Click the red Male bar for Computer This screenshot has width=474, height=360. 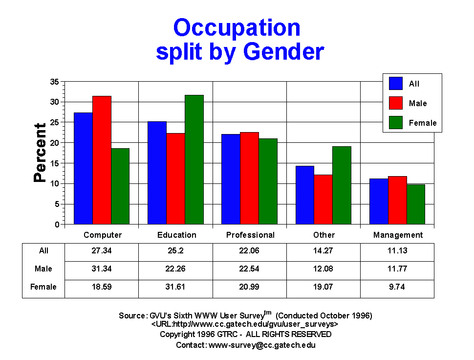[x=102, y=160]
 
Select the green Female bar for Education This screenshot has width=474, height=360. [x=194, y=160]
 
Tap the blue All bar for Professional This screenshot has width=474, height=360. [x=231, y=179]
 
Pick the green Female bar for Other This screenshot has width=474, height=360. [x=342, y=185]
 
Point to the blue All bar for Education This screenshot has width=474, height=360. [x=157, y=173]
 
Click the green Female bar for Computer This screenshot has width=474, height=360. [x=120, y=186]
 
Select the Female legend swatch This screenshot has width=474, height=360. [x=396, y=122]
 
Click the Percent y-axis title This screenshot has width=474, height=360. [x=40, y=153]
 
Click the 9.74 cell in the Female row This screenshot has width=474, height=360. [x=397, y=287]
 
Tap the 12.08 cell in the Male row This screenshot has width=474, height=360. [x=323, y=269]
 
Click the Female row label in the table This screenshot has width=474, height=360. [x=43, y=287]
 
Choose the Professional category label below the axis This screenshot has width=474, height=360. [x=250, y=235]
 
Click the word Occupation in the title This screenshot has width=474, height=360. [x=237, y=28]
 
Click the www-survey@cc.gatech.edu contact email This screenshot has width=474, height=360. [x=262, y=345]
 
